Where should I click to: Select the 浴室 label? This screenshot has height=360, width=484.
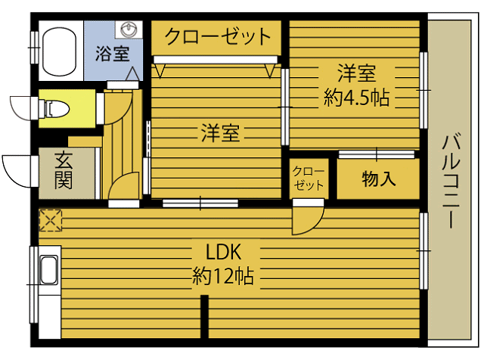pyautogui.click(x=112, y=54)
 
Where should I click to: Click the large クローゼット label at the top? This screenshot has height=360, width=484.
pyautogui.click(x=217, y=36)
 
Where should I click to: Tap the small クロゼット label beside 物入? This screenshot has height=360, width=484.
pyautogui.click(x=308, y=178)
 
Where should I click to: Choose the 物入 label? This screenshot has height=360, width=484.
pyautogui.click(x=379, y=179)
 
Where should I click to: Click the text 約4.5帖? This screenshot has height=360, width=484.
pyautogui.click(x=355, y=98)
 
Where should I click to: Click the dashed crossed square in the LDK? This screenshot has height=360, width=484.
pyautogui.click(x=50, y=220)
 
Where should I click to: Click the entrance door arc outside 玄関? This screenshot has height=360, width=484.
pyautogui.click(x=17, y=168)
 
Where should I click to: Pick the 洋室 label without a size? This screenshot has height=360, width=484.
pyautogui.click(x=220, y=134)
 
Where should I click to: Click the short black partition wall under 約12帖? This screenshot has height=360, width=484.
pyautogui.click(x=204, y=318)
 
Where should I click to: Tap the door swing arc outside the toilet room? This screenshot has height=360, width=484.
pyautogui.click(x=20, y=106)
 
